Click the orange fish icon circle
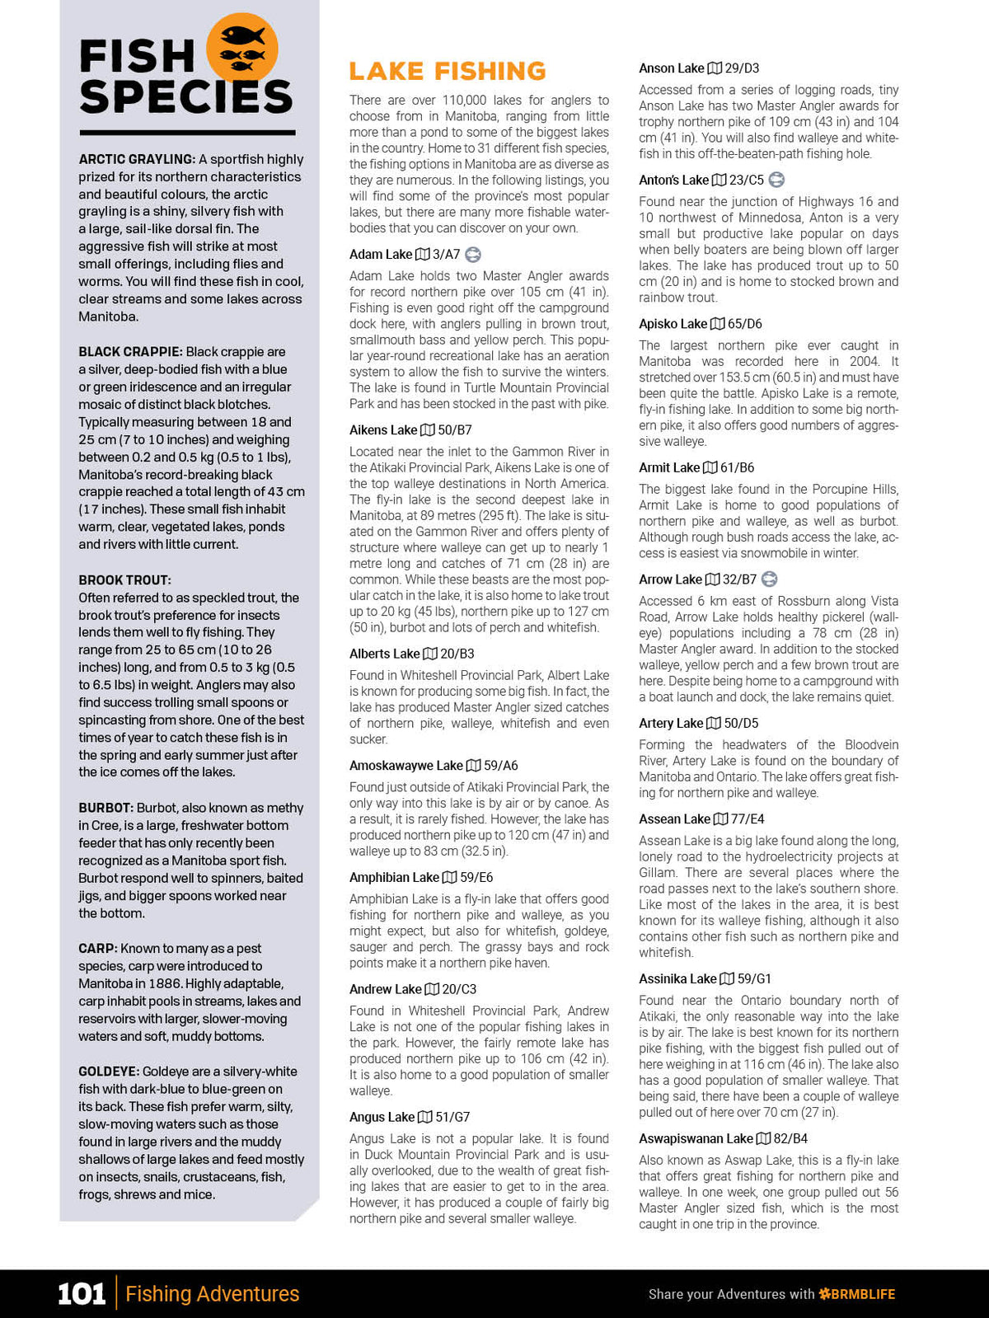point(241,49)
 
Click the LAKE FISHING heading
point(448,71)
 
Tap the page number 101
point(82,1293)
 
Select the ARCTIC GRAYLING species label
point(137,159)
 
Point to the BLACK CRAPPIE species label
point(130,352)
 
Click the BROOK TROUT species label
point(124,580)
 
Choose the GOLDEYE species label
point(108,1072)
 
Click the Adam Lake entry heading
point(381,255)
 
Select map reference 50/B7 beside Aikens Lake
point(455,430)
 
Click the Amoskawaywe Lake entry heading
point(406,766)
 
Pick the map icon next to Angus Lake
point(425,1117)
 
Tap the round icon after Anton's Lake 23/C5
point(776,180)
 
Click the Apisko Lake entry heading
point(673,324)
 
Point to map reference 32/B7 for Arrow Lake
point(739,579)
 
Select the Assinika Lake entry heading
point(678,979)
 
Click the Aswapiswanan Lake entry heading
point(696,1138)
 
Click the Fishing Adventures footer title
point(213,1294)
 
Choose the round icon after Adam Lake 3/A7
point(473,255)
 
